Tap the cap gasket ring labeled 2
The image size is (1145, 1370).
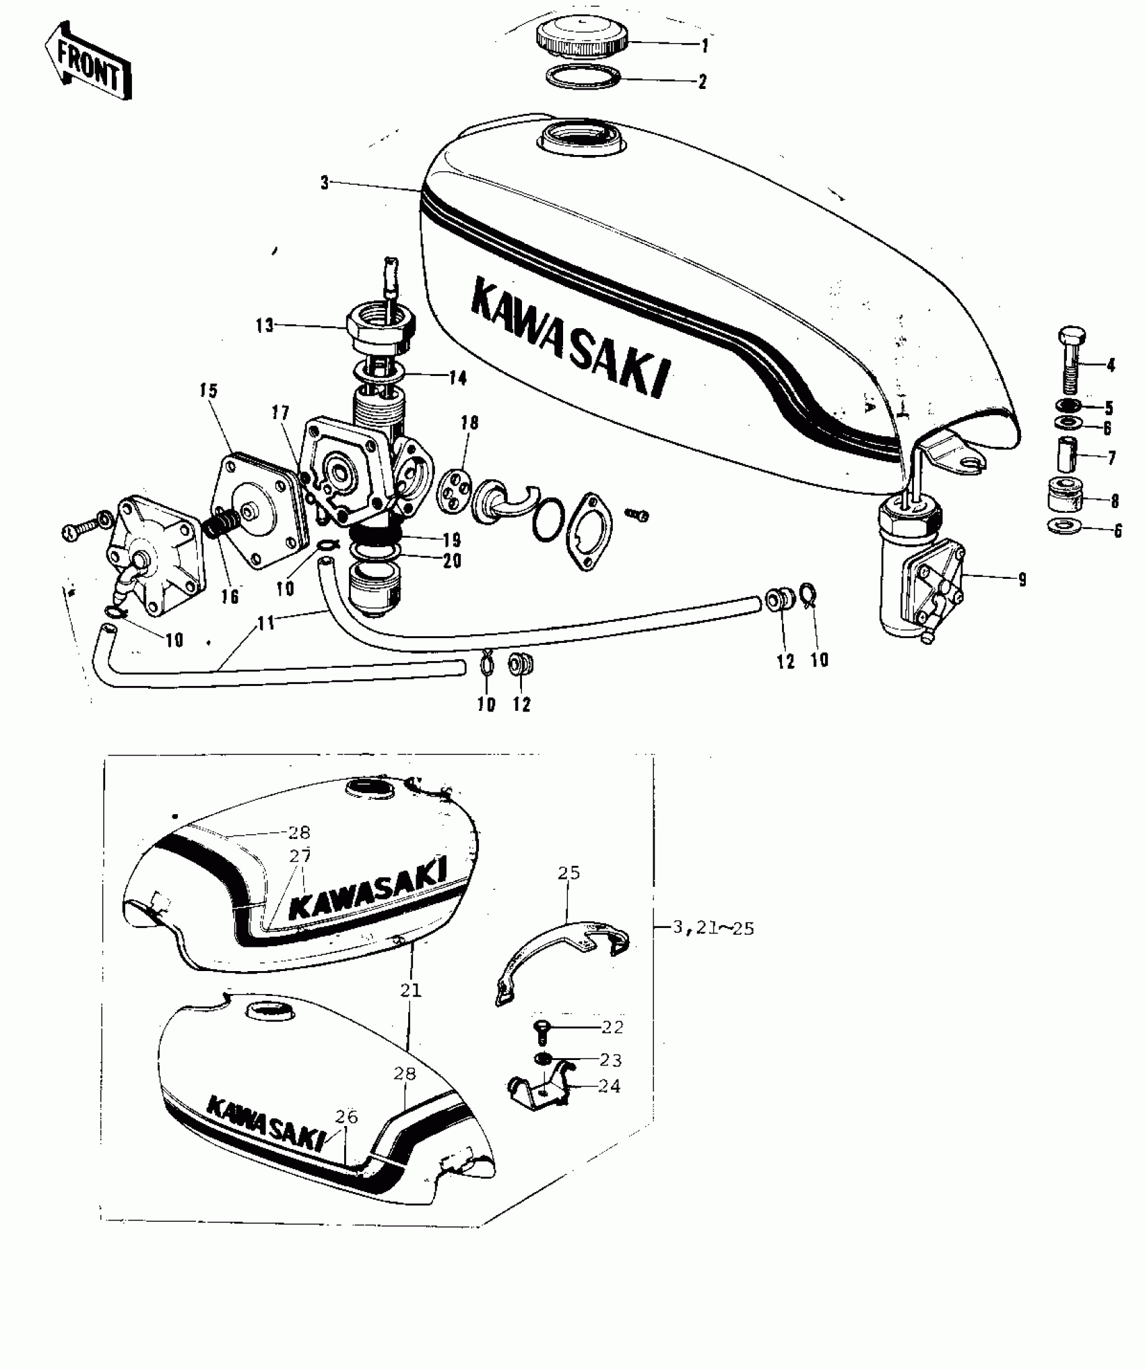tap(583, 77)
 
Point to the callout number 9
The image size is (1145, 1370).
tap(1022, 579)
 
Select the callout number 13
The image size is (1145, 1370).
tap(265, 325)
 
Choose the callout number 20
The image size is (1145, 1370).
tap(453, 561)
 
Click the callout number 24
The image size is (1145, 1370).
tap(609, 1086)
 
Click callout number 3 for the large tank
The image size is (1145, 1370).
tap(325, 183)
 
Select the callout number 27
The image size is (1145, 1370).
tap(300, 855)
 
